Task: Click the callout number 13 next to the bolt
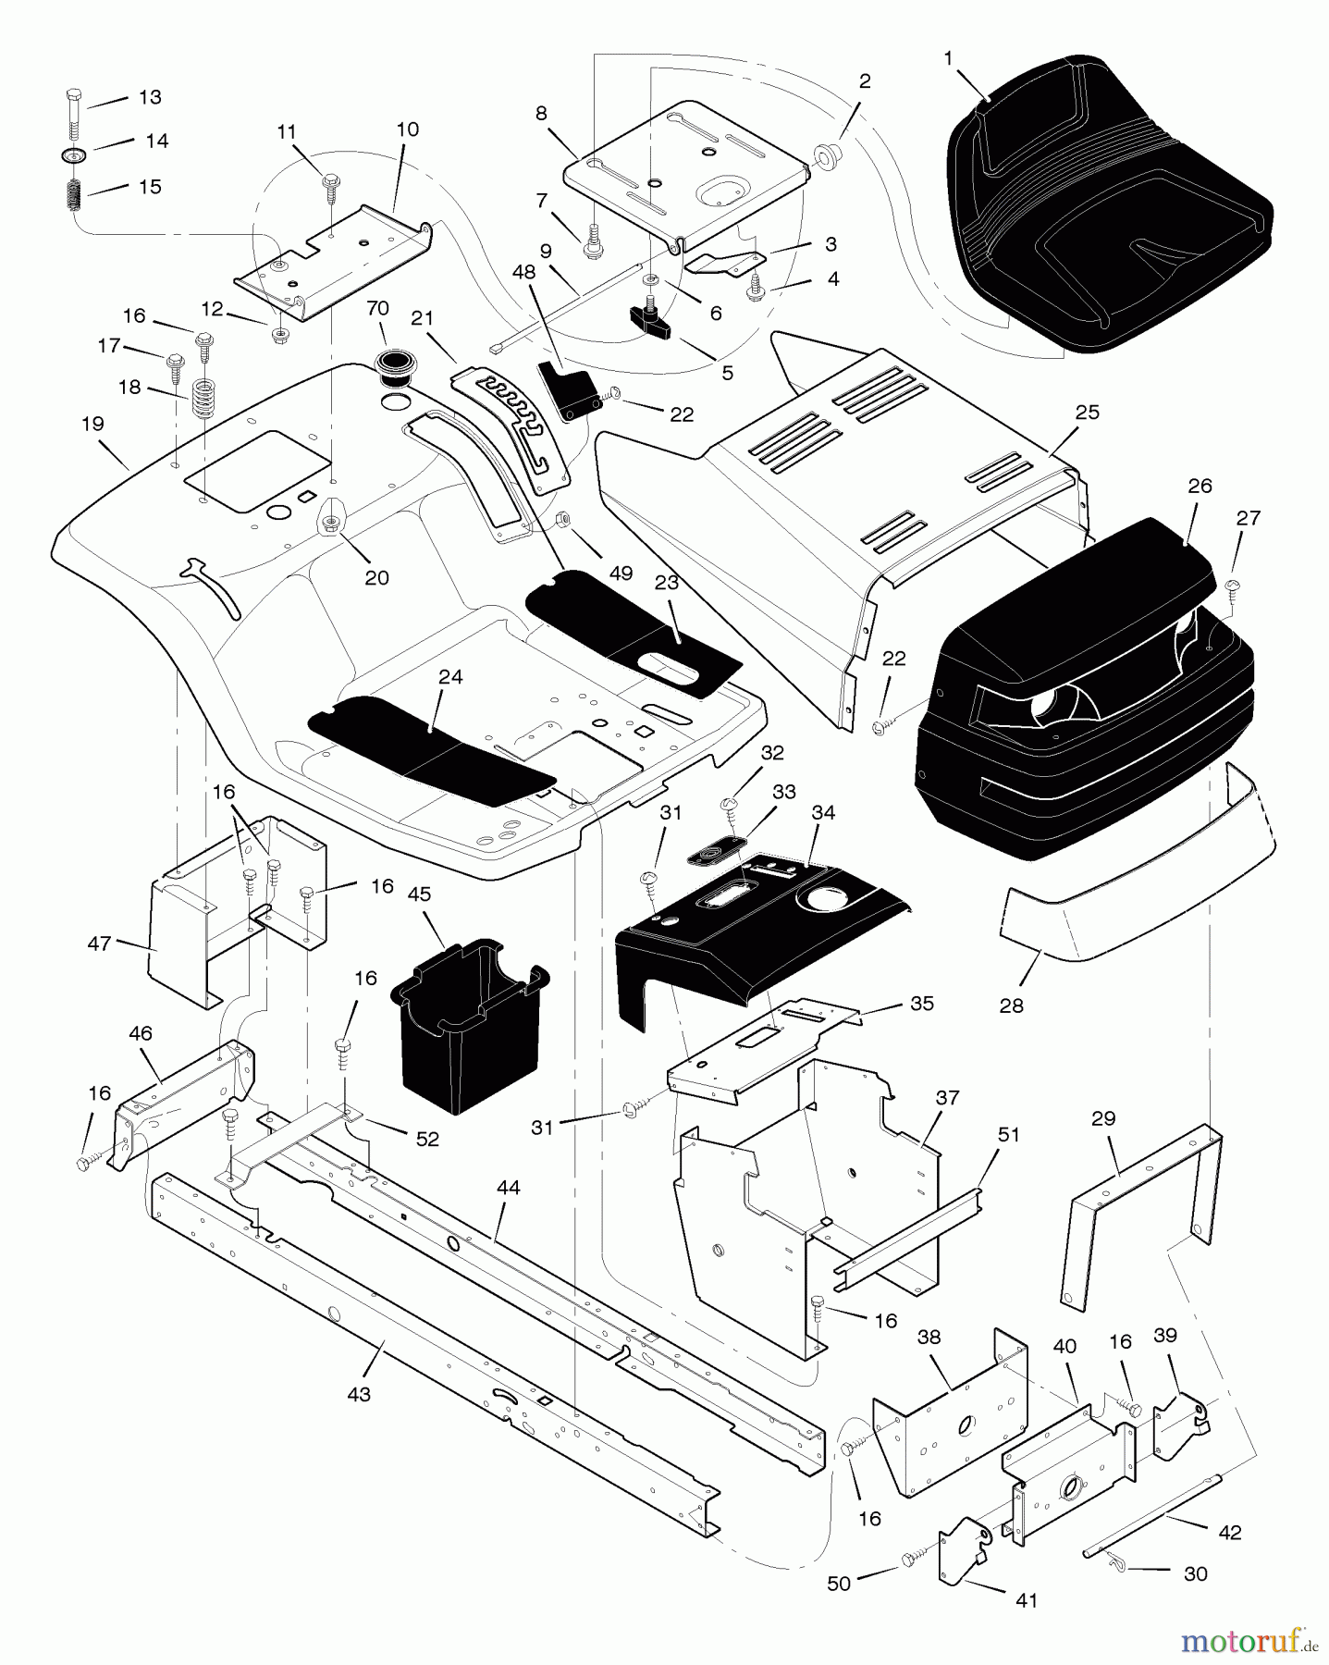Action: pyautogui.click(x=149, y=97)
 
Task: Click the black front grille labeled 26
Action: pyautogui.click(x=1082, y=703)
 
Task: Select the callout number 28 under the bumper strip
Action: pyautogui.click(x=1012, y=1005)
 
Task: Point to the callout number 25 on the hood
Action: pyautogui.click(x=1087, y=412)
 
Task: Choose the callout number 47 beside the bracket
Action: pyautogui.click(x=99, y=943)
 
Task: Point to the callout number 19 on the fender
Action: pyautogui.click(x=92, y=424)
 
